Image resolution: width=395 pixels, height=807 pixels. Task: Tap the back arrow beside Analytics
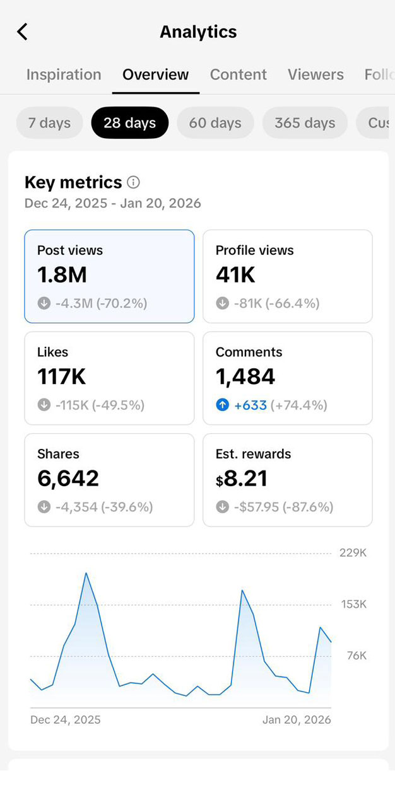coord(23,32)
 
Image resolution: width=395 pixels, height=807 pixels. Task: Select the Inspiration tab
coord(64,74)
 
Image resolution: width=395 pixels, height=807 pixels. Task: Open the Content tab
coord(238,74)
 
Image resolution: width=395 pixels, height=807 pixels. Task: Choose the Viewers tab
coord(315,74)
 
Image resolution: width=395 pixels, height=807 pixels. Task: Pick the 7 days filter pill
coord(49,122)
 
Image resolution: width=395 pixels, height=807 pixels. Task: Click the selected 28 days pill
coord(129,122)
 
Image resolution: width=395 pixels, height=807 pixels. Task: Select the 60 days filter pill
coord(215,122)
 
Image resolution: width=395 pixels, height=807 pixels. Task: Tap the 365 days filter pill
coord(305,122)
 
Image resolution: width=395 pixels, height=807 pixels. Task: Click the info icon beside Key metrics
coord(133,182)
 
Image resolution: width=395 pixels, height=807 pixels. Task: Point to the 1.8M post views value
coord(62,275)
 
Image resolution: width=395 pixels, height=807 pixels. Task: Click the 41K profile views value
coord(236,275)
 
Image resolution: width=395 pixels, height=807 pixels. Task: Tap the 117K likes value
coord(61,376)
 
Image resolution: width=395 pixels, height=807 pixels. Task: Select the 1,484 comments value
coord(245,376)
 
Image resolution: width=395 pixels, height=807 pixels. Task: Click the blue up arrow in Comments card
coord(222,405)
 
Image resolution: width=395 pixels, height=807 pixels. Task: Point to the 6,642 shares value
coord(68,479)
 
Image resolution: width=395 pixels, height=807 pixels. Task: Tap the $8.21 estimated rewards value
coord(242,479)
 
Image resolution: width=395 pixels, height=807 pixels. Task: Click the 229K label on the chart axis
coord(353,553)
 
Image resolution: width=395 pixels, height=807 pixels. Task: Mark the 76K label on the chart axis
coord(357,656)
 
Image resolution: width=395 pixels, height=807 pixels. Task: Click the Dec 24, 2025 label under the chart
coord(65,719)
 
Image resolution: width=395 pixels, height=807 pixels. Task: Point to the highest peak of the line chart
coord(86,573)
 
